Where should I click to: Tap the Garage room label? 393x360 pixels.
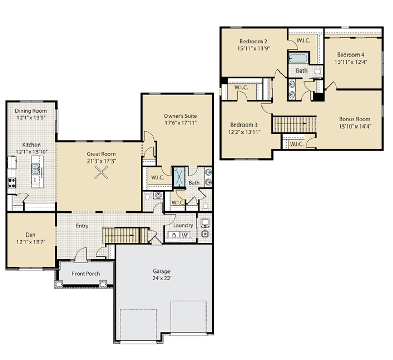161,271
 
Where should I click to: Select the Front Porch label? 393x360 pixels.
86,274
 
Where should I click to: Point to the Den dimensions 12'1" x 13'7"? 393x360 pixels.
31,241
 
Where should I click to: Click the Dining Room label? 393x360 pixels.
31,111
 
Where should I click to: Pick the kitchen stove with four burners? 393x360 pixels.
11,182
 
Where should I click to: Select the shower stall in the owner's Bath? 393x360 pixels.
179,176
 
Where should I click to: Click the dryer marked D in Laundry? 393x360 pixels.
174,236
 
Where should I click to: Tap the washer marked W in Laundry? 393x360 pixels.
185,236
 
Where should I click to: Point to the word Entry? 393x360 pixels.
82,226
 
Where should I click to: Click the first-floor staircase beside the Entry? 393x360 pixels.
121,235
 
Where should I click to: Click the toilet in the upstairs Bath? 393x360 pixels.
317,71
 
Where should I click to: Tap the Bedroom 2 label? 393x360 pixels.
253,41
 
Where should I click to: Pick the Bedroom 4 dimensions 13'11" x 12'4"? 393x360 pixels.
351,62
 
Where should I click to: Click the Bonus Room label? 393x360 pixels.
354,119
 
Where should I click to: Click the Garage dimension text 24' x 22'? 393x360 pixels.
161,278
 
